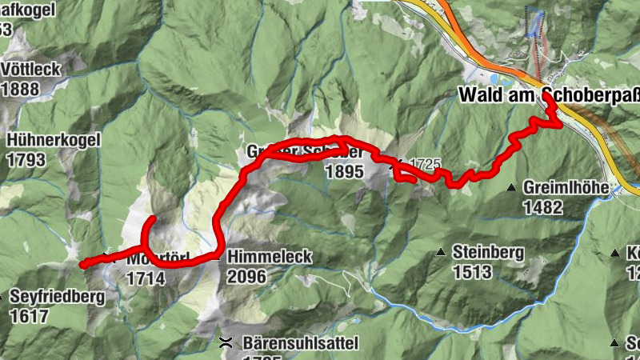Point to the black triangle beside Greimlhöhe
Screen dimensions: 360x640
tap(511, 188)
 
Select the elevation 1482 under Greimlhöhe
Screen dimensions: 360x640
tap(544, 206)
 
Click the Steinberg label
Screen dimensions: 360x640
tap(488, 253)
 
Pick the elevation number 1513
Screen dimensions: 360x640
tap(471, 272)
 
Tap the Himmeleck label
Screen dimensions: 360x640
tap(270, 258)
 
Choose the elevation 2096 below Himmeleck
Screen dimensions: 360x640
tap(247, 277)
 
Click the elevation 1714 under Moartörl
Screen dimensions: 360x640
tap(146, 278)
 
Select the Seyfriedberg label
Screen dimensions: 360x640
tap(58, 297)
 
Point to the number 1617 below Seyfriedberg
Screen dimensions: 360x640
tap(30, 316)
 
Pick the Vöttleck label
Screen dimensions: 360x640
tap(32, 69)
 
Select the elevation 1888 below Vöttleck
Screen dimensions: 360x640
tap(20, 88)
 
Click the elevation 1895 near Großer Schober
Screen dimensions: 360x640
tap(345, 171)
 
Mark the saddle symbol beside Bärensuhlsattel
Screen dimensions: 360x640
tap(226, 342)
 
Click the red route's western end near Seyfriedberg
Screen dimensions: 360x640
tap(83, 262)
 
